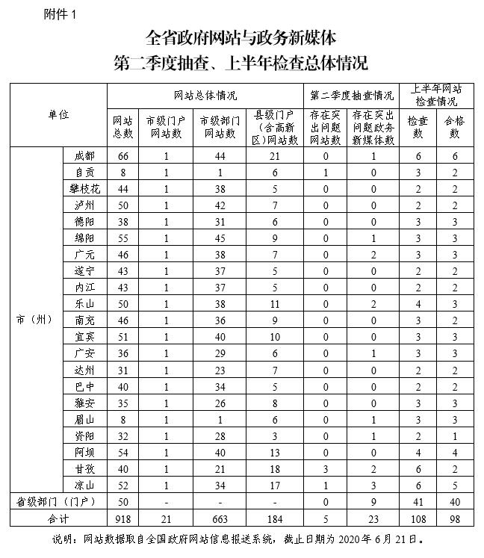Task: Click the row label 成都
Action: pyautogui.click(x=84, y=156)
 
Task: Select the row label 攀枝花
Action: pyautogui.click(x=84, y=188)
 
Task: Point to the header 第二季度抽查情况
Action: pyautogui.click(x=351, y=95)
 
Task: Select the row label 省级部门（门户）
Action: pyautogui.click(x=58, y=500)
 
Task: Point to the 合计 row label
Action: pyautogui.click(x=58, y=517)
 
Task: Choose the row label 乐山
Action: pyautogui.click(x=84, y=303)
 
